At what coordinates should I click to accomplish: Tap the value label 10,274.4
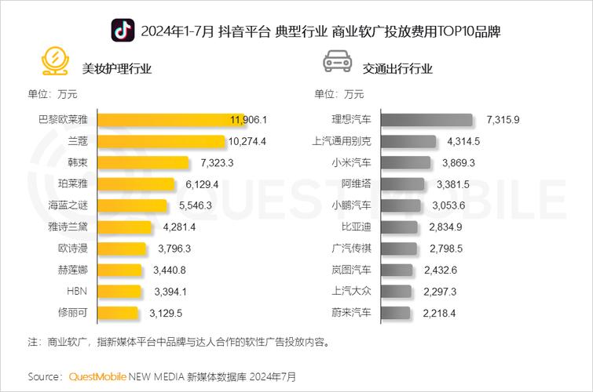(x=247, y=141)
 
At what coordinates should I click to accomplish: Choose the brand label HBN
(x=78, y=292)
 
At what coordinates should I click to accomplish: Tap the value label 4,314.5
(x=463, y=141)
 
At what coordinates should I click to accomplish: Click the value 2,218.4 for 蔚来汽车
(x=438, y=313)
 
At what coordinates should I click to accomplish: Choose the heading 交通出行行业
(x=397, y=68)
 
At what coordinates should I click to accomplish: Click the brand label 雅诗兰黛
(x=68, y=227)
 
